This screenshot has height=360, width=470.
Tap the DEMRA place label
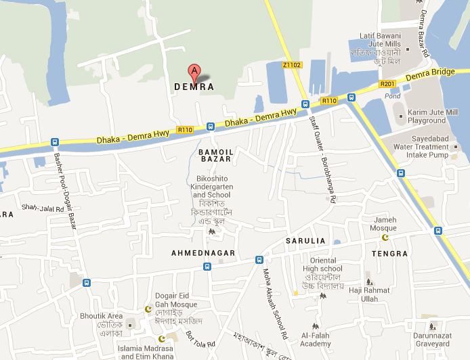[x=194, y=87]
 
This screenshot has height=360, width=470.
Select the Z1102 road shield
[x=292, y=65]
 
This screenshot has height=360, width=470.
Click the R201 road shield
[x=387, y=84]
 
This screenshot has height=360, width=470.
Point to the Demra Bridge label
[x=431, y=74]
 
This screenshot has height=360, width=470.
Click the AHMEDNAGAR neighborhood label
[x=203, y=253]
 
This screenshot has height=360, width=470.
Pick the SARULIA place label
[x=305, y=241]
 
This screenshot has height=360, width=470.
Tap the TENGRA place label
[x=390, y=254]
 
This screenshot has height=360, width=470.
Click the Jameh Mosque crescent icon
[x=387, y=237]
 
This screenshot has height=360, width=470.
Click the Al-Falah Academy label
[x=316, y=340]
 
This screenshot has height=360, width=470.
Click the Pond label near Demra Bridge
[x=393, y=96]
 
